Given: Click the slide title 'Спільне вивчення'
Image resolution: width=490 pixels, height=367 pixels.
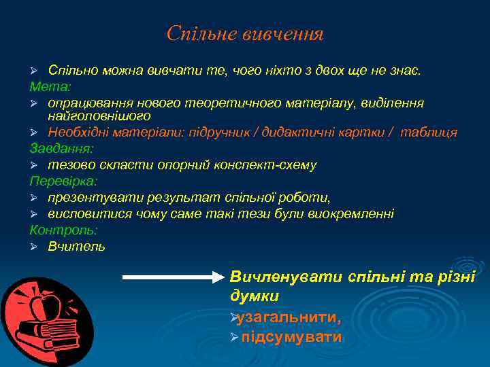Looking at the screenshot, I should pos(245,33).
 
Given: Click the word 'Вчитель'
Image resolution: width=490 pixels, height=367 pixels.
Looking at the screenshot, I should pos(76,247).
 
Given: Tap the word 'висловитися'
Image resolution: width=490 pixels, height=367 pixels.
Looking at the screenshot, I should pos(84,214).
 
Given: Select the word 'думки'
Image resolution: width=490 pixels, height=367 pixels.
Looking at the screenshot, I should pos(255,296).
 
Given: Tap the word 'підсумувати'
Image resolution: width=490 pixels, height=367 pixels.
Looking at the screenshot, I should pos(292,337).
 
